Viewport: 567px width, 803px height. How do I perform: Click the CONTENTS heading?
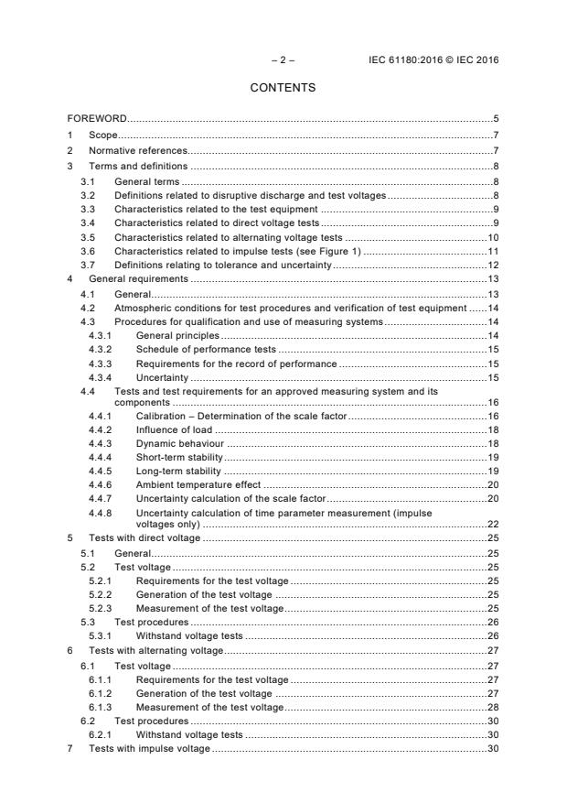pos(283,88)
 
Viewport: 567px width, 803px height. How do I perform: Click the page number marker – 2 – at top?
pos(283,60)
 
